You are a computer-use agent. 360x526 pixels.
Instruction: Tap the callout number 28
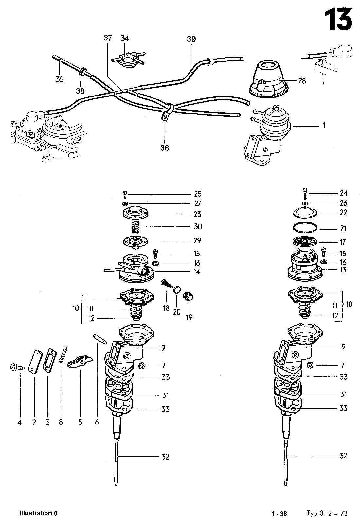(x=302, y=81)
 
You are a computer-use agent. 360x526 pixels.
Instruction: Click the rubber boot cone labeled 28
(x=269, y=79)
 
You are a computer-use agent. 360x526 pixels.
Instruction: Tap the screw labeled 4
(x=17, y=367)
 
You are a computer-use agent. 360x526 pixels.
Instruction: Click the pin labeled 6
(x=100, y=339)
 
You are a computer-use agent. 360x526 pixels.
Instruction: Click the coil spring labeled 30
(x=135, y=227)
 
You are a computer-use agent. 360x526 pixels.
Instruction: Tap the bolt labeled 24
(x=305, y=193)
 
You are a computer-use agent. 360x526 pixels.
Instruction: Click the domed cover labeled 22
(x=305, y=212)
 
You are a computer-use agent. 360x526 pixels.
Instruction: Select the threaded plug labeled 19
(x=188, y=296)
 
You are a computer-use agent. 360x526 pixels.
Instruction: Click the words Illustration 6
(x=39, y=513)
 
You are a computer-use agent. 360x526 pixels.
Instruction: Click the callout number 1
(x=324, y=125)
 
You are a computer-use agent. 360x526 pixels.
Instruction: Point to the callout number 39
(x=191, y=39)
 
